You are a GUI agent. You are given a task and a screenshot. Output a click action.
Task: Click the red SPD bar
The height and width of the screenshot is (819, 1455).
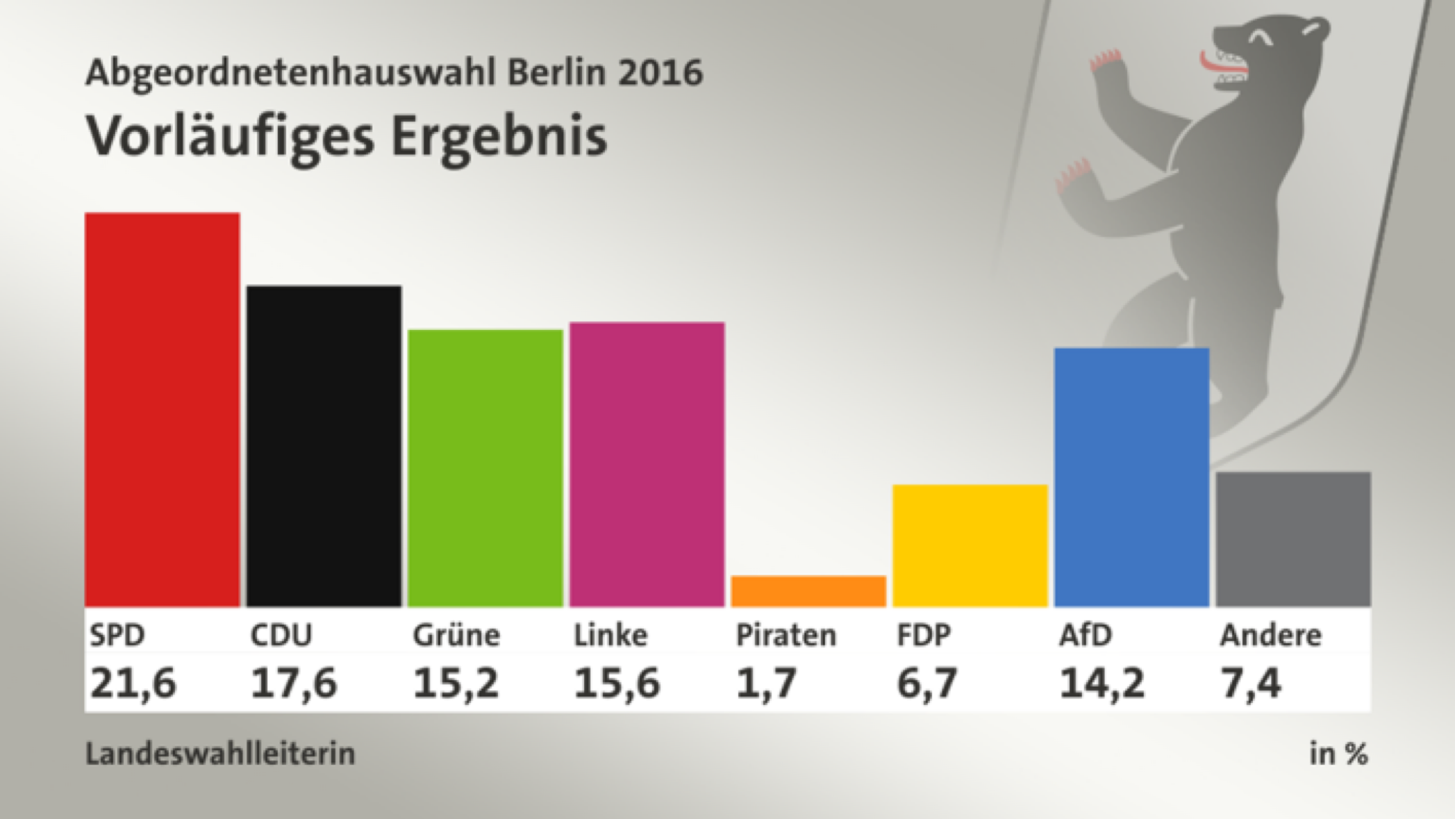pos(162,410)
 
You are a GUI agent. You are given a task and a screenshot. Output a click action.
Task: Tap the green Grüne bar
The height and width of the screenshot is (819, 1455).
pos(485,468)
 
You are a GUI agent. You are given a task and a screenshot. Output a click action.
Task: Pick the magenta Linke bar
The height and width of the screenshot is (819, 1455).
pos(647,464)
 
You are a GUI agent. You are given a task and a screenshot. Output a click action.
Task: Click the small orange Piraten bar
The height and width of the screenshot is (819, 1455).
pos(808,591)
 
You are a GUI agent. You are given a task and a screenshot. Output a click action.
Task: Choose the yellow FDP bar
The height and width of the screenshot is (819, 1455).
pos(970,545)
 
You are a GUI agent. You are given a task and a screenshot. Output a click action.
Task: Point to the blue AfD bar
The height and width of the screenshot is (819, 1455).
pos(1131,477)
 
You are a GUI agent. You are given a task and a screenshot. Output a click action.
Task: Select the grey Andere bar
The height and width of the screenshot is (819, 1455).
pos(1293,539)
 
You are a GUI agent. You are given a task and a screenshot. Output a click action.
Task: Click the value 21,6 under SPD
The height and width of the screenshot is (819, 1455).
pos(133,683)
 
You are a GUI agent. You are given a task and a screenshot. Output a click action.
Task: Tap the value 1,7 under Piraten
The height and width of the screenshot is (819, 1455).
pos(765,683)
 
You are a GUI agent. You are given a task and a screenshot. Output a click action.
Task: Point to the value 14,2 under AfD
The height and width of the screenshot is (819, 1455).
pos(1101,683)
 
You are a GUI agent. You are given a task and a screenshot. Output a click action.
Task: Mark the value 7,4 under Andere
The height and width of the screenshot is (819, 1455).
pos(1250,683)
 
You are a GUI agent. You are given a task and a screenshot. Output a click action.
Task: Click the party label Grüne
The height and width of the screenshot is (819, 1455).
pos(456,635)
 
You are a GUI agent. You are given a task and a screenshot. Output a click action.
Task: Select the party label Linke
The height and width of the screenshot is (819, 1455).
pos(610,635)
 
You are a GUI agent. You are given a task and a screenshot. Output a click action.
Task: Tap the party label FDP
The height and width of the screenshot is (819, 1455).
pos(923,635)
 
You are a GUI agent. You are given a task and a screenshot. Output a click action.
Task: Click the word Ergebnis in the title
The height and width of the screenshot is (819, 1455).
pos(499,137)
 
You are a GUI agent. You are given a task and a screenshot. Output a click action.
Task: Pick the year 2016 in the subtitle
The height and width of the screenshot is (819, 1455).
pos(660,72)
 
